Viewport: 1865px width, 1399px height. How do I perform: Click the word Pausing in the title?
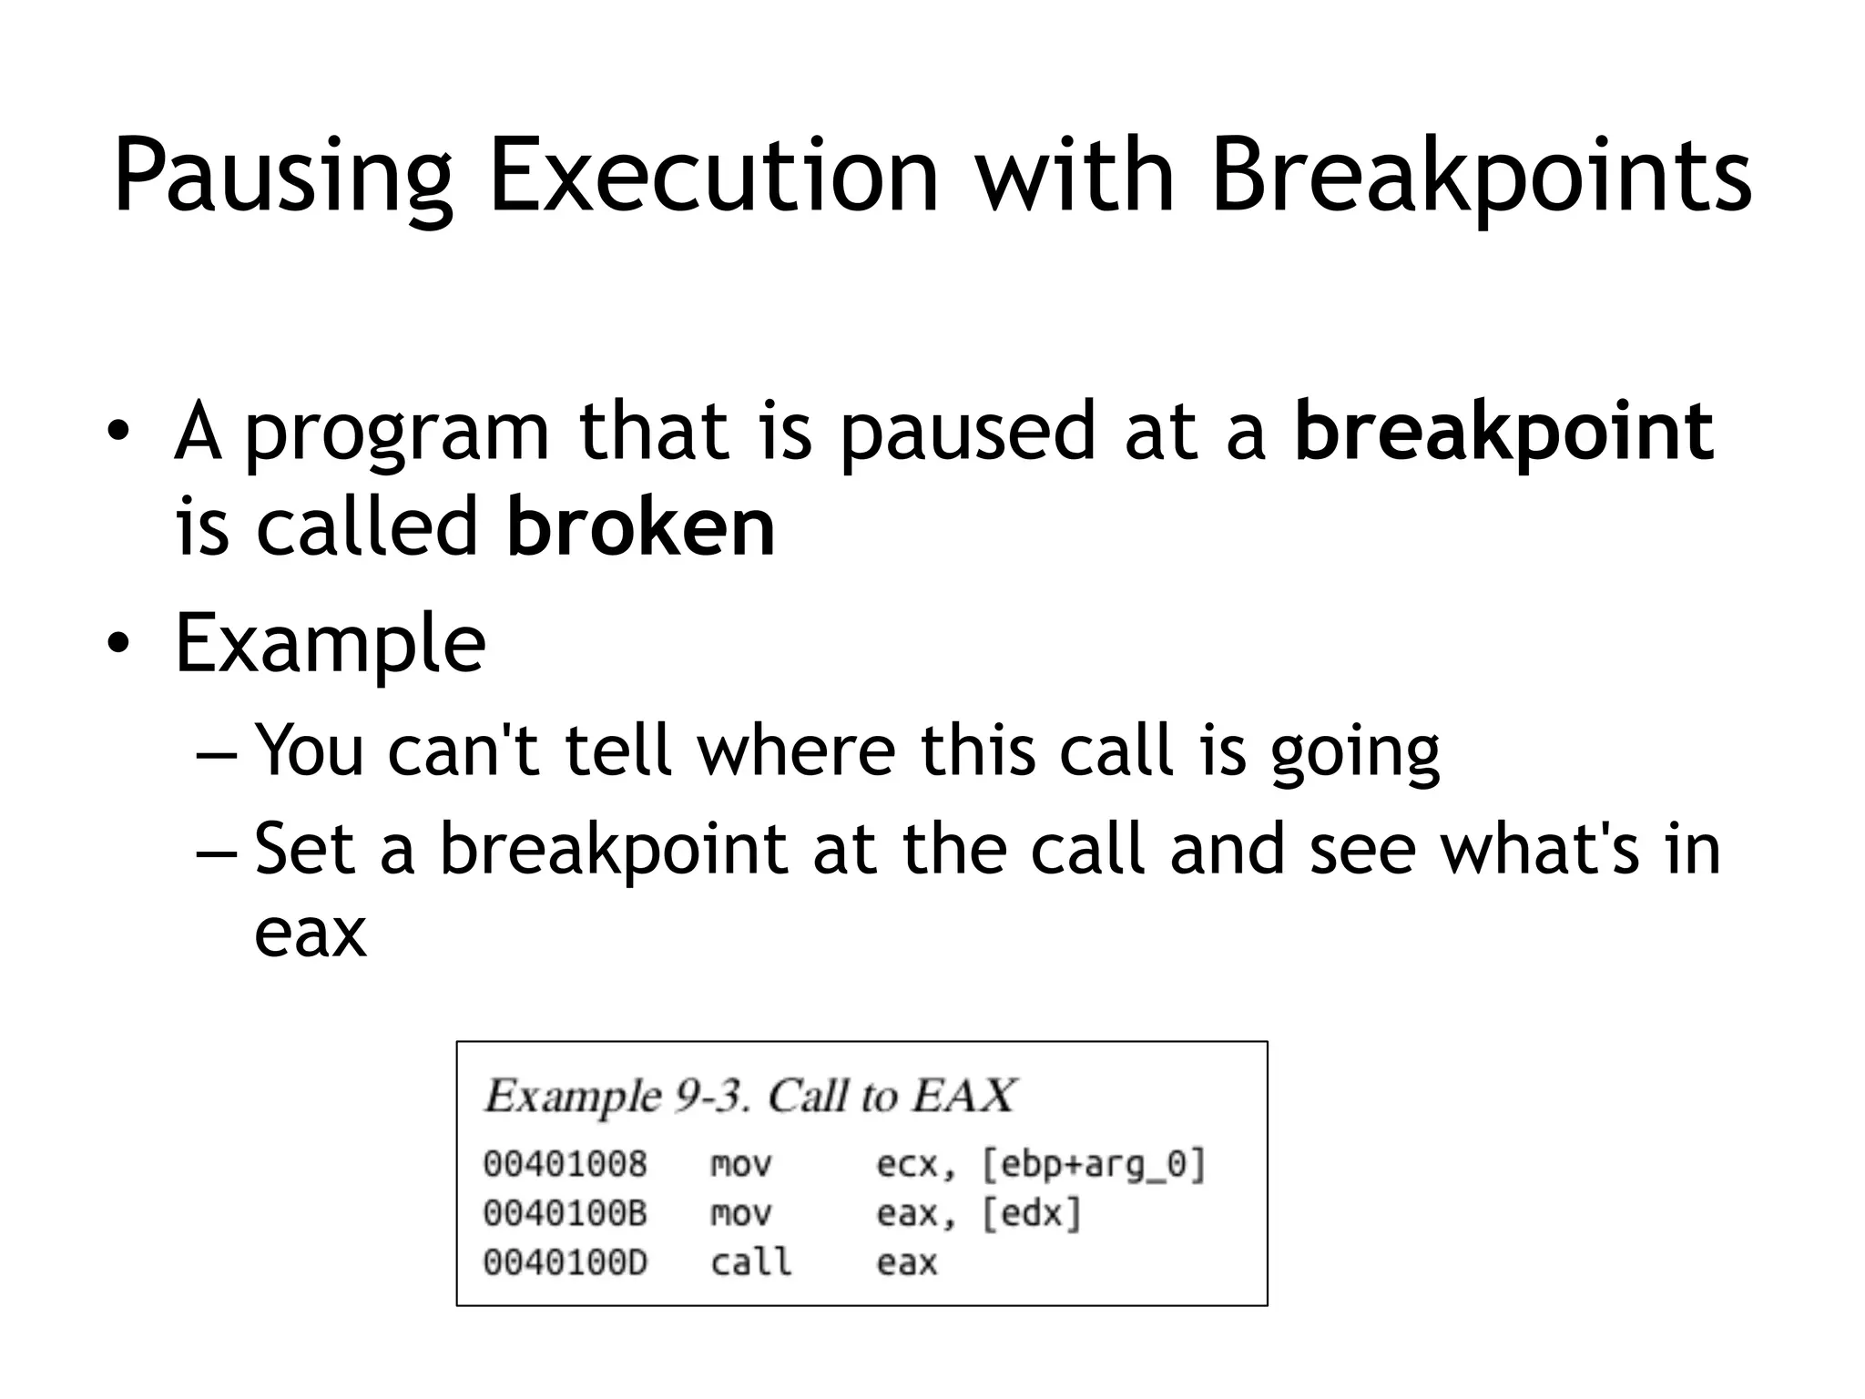pyautogui.click(x=282, y=178)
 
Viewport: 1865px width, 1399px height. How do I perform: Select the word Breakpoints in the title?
pyautogui.click(x=1481, y=178)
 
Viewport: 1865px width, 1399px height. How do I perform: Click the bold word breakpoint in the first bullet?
pyautogui.click(x=1503, y=434)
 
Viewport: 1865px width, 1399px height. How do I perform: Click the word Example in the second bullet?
pyautogui.click(x=330, y=645)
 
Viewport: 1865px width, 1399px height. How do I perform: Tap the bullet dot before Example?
pyautogui.click(x=117, y=645)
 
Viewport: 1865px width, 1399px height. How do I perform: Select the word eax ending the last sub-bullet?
pyautogui.click(x=310, y=934)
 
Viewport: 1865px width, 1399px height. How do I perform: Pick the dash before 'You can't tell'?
pyautogui.click(x=217, y=752)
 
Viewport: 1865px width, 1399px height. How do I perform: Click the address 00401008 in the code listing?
pyautogui.click(x=565, y=1164)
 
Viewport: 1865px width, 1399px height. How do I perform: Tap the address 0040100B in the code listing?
pyautogui.click(x=565, y=1213)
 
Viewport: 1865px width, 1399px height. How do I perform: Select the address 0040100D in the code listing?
pyautogui.click(x=565, y=1262)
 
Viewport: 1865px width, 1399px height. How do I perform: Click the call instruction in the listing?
pyautogui.click(x=750, y=1262)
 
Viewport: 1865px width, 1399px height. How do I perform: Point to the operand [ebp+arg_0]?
pyautogui.click(x=1094, y=1165)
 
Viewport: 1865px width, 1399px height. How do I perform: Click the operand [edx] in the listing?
pyautogui.click(x=1031, y=1214)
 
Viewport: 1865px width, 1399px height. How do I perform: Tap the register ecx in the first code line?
pyautogui.click(x=906, y=1165)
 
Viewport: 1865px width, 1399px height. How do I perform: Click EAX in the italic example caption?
pyautogui.click(x=963, y=1096)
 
